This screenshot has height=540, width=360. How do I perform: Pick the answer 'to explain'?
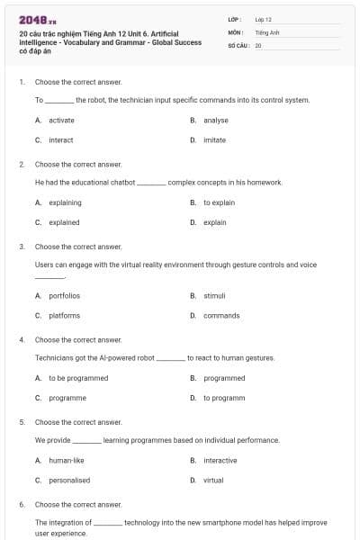tap(219, 202)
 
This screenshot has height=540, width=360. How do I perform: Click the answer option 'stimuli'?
tap(214, 295)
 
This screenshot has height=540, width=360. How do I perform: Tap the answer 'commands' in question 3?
tap(220, 315)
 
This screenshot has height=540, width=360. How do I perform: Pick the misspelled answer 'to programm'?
tap(224, 398)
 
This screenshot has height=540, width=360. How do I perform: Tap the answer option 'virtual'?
tap(213, 480)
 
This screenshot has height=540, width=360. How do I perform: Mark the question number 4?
tap(21, 339)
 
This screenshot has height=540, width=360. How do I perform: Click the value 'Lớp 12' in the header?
tap(263, 19)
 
